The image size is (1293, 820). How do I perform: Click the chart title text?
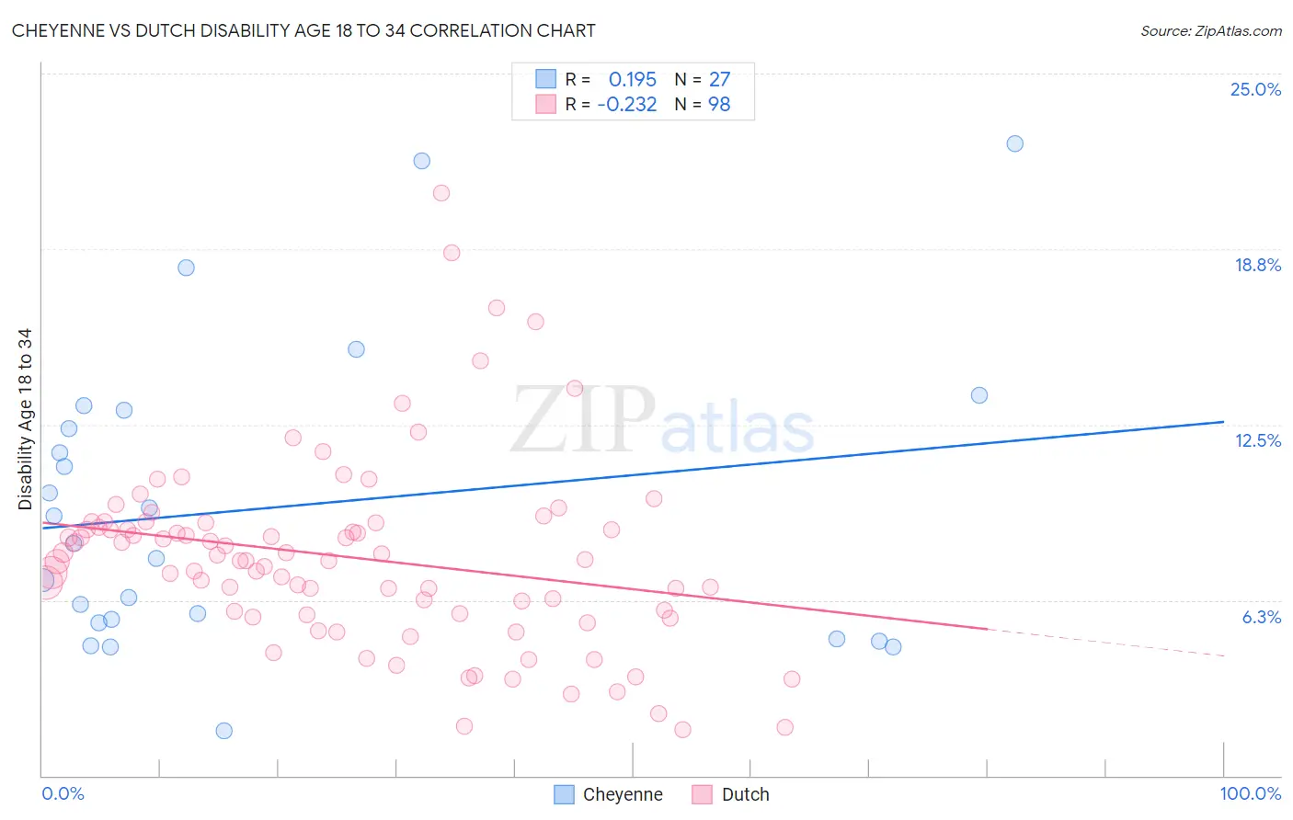tap(303, 30)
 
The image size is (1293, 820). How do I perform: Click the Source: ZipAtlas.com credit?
tap(1210, 30)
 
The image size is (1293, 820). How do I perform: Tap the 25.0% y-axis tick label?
tap(1255, 89)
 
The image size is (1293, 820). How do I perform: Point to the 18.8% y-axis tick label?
tap(1257, 265)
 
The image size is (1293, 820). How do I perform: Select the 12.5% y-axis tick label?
tap(1257, 440)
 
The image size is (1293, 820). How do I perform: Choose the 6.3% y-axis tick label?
tap(1261, 617)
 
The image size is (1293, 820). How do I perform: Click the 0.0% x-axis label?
tap(63, 793)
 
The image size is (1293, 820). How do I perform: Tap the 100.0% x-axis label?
tap(1250, 793)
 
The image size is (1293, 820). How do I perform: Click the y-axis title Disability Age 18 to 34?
tap(25, 419)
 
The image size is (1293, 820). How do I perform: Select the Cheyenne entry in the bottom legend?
tap(622, 794)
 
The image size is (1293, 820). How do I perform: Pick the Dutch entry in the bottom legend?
tap(745, 794)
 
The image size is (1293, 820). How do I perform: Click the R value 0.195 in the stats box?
tap(633, 79)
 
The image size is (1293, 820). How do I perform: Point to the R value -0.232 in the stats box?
tap(627, 105)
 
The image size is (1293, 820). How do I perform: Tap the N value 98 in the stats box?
tap(719, 105)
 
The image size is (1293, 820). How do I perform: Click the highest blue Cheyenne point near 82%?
tap(1014, 143)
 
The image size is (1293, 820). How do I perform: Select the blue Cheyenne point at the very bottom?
tap(223, 731)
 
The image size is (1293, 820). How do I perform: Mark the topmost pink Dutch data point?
tap(441, 193)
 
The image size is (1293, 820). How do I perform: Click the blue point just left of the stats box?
tap(421, 161)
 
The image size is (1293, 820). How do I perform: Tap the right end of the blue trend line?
tap(1223, 421)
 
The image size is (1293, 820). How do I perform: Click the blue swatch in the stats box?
tap(546, 79)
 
